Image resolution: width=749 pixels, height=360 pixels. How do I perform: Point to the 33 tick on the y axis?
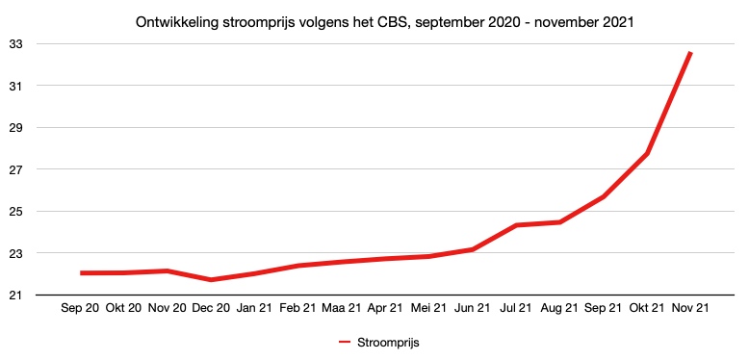pyautogui.click(x=17, y=44)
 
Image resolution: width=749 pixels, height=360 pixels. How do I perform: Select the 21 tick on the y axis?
pyautogui.click(x=17, y=296)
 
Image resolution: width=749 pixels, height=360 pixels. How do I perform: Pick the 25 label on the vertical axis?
pyautogui.click(x=17, y=212)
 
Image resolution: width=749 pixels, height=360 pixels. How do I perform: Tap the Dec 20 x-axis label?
pyautogui.click(x=211, y=309)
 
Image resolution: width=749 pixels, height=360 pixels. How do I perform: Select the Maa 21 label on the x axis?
pyautogui.click(x=342, y=309)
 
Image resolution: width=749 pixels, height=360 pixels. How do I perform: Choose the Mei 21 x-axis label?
pyautogui.click(x=428, y=309)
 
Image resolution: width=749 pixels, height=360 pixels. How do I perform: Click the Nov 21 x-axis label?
pyautogui.click(x=690, y=309)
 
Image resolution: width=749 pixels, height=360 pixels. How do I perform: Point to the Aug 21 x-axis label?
pyautogui.click(x=559, y=309)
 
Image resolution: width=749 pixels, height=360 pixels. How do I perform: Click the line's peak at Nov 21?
pyautogui.click(x=690, y=53)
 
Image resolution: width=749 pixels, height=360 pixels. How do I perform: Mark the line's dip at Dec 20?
pyautogui.click(x=211, y=280)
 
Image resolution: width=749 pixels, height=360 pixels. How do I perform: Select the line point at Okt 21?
pyautogui.click(x=647, y=154)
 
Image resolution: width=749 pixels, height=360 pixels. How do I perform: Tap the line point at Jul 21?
pyautogui.click(x=516, y=225)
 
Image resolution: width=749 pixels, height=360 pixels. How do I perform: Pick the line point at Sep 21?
pyautogui.click(x=604, y=196)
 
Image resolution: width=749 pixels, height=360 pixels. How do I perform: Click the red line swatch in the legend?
pyautogui.click(x=347, y=342)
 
